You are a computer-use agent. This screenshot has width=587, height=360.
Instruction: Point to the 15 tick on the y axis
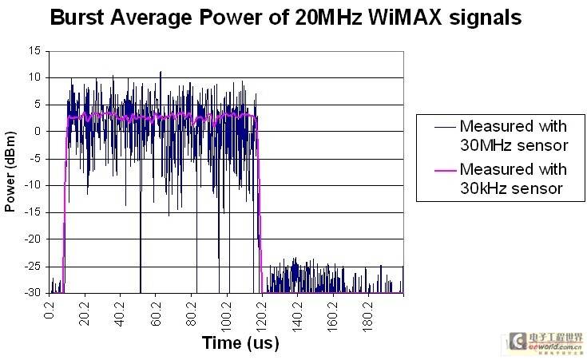point(35,50)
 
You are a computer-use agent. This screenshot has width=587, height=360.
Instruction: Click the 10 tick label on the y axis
point(35,77)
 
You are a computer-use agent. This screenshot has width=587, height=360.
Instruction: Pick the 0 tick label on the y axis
point(38,132)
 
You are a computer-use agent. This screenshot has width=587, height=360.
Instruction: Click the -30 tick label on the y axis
point(34,294)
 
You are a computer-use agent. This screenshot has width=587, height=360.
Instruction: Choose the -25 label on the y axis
point(34,267)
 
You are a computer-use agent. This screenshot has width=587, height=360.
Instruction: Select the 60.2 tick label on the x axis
point(157,309)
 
